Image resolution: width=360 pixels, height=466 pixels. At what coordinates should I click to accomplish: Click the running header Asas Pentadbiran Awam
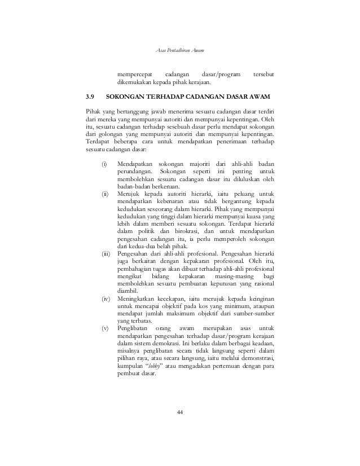tap(179, 52)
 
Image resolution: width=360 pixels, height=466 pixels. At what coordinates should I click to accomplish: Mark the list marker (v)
tap(105, 328)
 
